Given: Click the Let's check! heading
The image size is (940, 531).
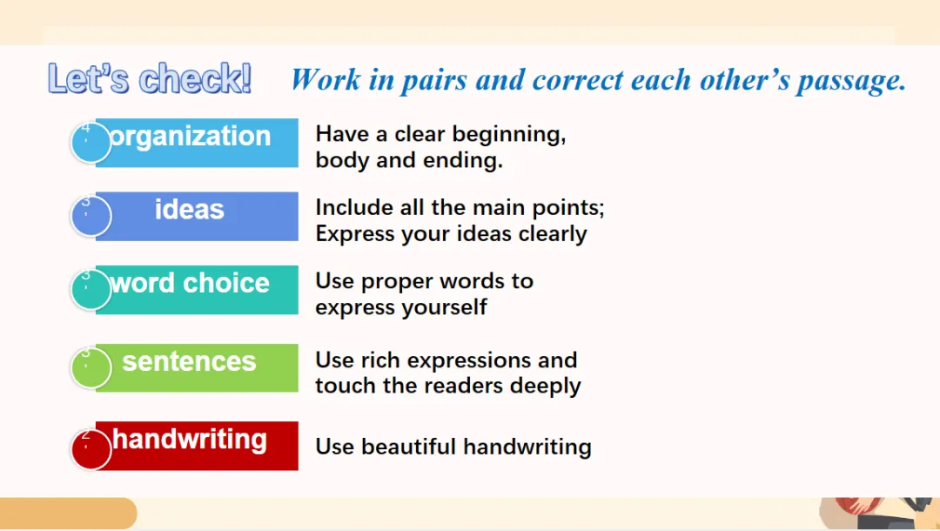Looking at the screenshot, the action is click(150, 78).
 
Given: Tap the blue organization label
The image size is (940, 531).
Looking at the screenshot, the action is click(197, 143).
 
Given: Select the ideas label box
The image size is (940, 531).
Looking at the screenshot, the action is click(197, 217).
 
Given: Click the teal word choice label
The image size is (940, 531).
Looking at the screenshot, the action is click(197, 290).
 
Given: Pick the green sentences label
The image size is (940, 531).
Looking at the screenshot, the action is click(197, 368).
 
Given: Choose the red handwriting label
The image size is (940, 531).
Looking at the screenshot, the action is click(197, 446).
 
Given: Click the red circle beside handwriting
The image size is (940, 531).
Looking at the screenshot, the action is click(91, 449).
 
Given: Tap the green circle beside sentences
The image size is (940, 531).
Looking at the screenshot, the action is click(91, 368).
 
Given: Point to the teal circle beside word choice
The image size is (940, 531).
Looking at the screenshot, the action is click(91, 290).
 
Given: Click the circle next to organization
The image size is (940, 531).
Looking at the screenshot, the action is click(91, 143).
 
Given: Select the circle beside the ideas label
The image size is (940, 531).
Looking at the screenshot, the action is click(91, 217).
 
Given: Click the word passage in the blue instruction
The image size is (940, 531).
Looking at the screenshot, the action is click(851, 81).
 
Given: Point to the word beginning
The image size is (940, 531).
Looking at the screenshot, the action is click(509, 135).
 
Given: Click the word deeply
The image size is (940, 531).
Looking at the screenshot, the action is click(545, 386).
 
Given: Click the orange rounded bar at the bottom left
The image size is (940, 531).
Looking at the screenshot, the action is click(69, 514).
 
